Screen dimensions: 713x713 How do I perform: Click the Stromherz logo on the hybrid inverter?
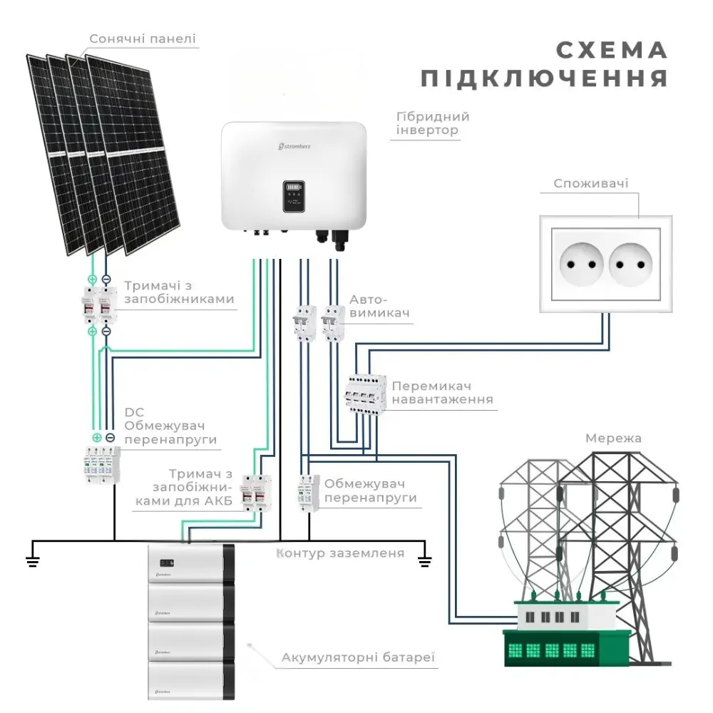[294, 146]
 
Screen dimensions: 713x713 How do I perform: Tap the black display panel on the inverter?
[294, 197]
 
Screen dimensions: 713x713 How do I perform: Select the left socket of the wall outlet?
[581, 265]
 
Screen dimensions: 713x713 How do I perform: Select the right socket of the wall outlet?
[631, 265]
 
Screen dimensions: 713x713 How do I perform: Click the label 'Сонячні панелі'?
[143, 39]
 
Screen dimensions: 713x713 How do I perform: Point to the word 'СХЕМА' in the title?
[612, 50]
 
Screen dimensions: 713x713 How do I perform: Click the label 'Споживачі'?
[590, 183]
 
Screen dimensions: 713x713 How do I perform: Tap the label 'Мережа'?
[613, 438]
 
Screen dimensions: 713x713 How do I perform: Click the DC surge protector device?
[102, 464]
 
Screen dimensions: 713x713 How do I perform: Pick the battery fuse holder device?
[257, 493]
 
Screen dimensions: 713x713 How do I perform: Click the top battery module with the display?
[191, 563]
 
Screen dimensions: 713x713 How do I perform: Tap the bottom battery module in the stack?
[191, 681]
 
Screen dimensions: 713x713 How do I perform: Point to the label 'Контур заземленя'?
[340, 553]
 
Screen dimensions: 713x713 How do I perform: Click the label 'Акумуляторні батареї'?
[358, 657]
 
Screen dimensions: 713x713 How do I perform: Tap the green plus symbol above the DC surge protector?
[97, 438]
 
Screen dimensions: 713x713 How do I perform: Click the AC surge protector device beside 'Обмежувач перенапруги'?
[309, 493]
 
